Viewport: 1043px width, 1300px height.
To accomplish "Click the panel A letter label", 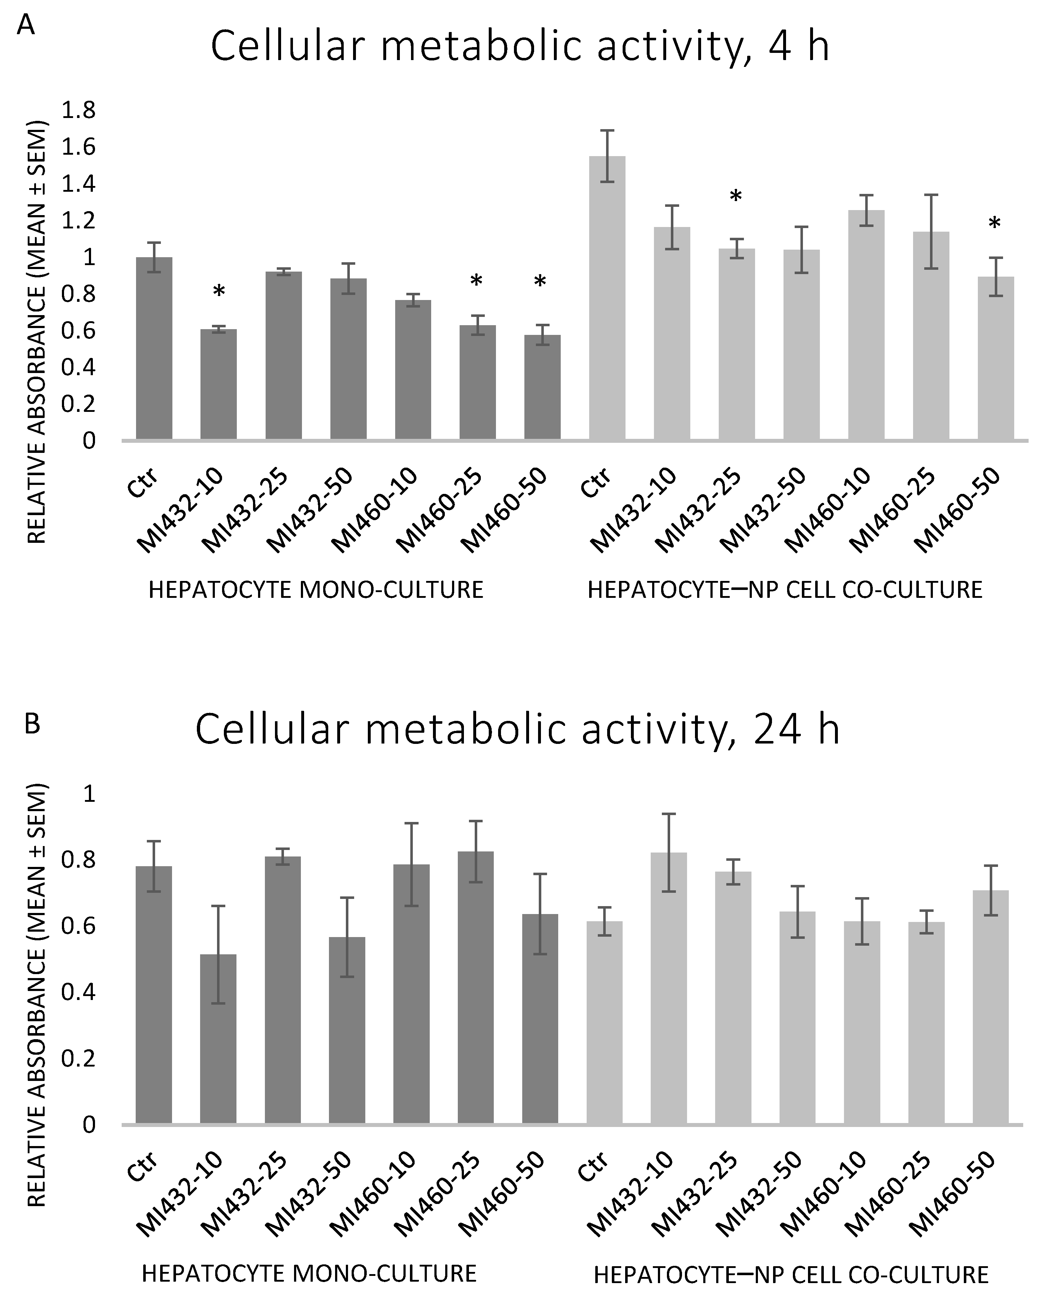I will (x=25, y=25).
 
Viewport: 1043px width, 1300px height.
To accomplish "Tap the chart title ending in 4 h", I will (x=520, y=47).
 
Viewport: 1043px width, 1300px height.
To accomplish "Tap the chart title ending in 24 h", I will (x=518, y=729).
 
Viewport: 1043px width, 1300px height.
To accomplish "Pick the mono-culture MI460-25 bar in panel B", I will (x=475, y=989).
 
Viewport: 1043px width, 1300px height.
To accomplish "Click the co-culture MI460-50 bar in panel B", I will (x=990, y=1008).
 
